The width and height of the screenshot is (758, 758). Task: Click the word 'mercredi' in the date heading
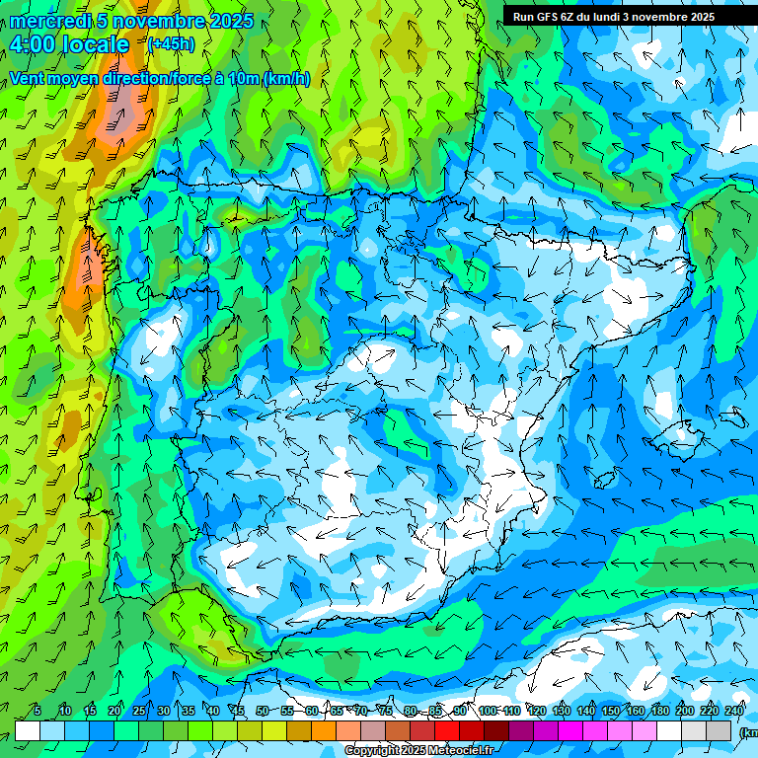tap(50, 21)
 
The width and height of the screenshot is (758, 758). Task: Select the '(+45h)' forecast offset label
tap(171, 43)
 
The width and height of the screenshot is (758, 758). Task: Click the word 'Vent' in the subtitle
tap(29, 79)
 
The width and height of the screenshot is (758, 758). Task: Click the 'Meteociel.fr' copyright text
tap(445, 751)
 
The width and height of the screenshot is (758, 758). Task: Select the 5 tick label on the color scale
tap(38, 712)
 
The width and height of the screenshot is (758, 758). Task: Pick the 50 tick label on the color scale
tap(262, 712)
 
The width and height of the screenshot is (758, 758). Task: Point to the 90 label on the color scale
tap(460, 712)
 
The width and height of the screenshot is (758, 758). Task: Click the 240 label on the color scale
tap(733, 712)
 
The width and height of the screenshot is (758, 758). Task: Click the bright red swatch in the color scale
tap(447, 730)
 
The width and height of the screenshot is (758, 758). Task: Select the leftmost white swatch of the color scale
tap(28, 730)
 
